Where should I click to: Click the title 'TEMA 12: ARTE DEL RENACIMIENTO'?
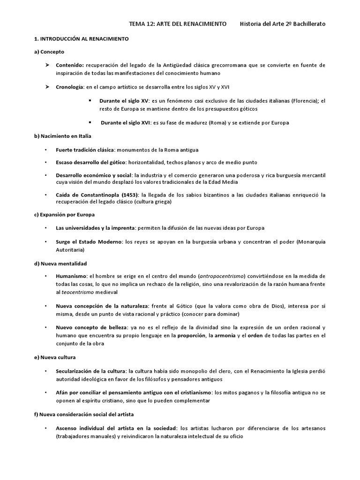pyautogui.click(x=178, y=23)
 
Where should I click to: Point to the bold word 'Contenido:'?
pyautogui.click(x=70, y=65)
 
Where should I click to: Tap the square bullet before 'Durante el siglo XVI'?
pyautogui.click(x=89, y=123)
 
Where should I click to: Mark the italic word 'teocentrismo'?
pyautogui.click(x=78, y=292)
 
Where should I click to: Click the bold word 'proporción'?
pyautogui.click(x=192, y=336)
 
